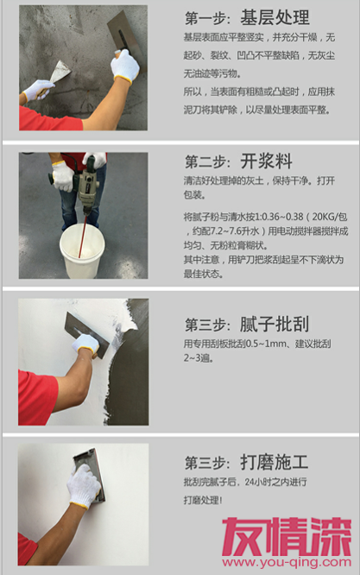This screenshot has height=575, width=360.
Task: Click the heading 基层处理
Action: pyautogui.click(x=275, y=17)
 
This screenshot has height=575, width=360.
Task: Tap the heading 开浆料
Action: pyautogui.click(x=266, y=161)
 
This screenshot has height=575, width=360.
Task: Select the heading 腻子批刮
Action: pyautogui.click(x=275, y=324)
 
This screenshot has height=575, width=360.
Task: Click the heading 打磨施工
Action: pyautogui.click(x=275, y=462)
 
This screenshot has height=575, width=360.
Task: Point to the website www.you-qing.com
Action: pyautogui.click(x=287, y=562)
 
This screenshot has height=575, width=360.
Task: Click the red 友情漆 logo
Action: pyautogui.click(x=287, y=536)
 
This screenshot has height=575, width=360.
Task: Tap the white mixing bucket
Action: pyautogui.click(x=82, y=251)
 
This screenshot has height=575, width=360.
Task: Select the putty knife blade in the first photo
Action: pyautogui.click(x=60, y=72)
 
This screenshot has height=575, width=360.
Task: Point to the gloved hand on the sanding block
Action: pyautogui.click(x=84, y=486)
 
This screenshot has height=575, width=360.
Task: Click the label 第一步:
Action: pyautogui.click(x=208, y=18)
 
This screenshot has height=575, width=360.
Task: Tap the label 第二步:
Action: pyautogui.click(x=208, y=161)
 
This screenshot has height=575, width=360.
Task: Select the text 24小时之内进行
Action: pyautogui.click(x=275, y=482)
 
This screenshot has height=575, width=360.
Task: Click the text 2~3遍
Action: pyautogui.click(x=199, y=357)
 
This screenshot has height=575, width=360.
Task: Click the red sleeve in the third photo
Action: pyautogui.click(x=37, y=398)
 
